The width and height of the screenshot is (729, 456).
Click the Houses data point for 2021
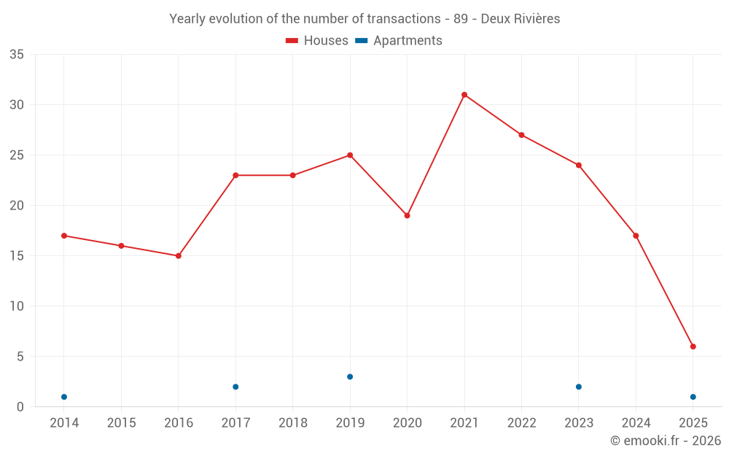point(464,95)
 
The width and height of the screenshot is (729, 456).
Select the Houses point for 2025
point(693,347)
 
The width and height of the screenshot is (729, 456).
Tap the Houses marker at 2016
point(179,256)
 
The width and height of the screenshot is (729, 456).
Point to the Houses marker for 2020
point(408,215)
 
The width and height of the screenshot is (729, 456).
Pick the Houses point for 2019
point(350,155)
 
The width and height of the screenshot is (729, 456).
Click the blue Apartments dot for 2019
point(350,376)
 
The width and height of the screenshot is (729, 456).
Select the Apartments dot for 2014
point(64,397)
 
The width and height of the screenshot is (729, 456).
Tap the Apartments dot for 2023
point(579,387)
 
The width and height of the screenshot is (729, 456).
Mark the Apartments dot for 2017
point(235,387)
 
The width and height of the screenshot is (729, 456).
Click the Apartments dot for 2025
point(693,397)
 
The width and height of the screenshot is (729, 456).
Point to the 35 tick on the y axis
point(16,55)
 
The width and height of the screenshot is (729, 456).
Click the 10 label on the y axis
point(16,306)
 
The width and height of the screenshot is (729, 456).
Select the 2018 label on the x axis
point(293,423)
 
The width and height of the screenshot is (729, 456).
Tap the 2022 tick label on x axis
point(521,423)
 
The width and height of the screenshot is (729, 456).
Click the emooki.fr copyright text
point(666,441)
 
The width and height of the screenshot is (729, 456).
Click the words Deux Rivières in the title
point(521,19)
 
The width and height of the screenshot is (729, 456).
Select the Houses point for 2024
point(636,236)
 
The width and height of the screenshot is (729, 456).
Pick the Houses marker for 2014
point(64,236)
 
